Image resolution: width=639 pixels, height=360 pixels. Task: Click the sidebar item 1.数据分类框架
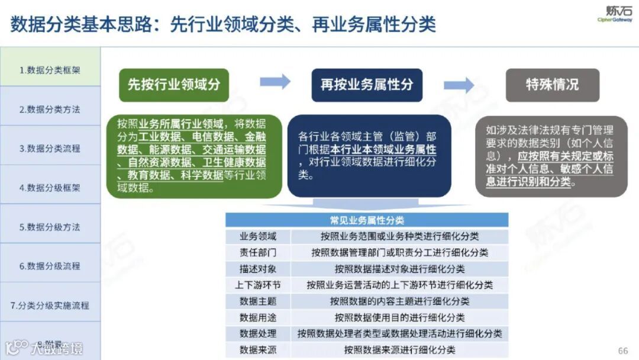pos(50,70)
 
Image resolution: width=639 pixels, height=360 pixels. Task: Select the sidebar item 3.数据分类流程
pos(50,149)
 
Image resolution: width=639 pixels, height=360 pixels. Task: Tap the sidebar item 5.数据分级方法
pos(50,227)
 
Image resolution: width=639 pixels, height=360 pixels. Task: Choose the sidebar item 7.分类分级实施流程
pos(50,306)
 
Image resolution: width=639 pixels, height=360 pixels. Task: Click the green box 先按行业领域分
pos(174,84)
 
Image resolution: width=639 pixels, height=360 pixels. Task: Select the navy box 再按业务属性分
pos(367,84)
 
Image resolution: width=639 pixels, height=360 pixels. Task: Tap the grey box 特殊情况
pos(552,84)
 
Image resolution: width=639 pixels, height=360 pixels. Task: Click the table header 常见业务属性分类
pos(367,220)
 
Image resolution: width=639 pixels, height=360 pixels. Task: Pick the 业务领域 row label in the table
pos(257,236)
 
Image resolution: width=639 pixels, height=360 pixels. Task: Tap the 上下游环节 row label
pos(257,285)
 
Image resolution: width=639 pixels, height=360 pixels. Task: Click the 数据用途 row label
pos(257,317)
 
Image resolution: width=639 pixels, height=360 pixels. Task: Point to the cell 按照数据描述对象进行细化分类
pos(399,269)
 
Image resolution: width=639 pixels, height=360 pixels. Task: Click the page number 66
pos(623,351)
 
